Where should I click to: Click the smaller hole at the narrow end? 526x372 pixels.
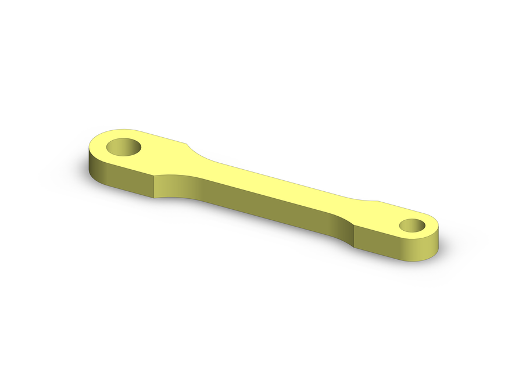click(414, 226)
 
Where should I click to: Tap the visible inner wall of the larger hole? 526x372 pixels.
click(119, 150)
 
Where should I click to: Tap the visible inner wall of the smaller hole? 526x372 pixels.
click(410, 227)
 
